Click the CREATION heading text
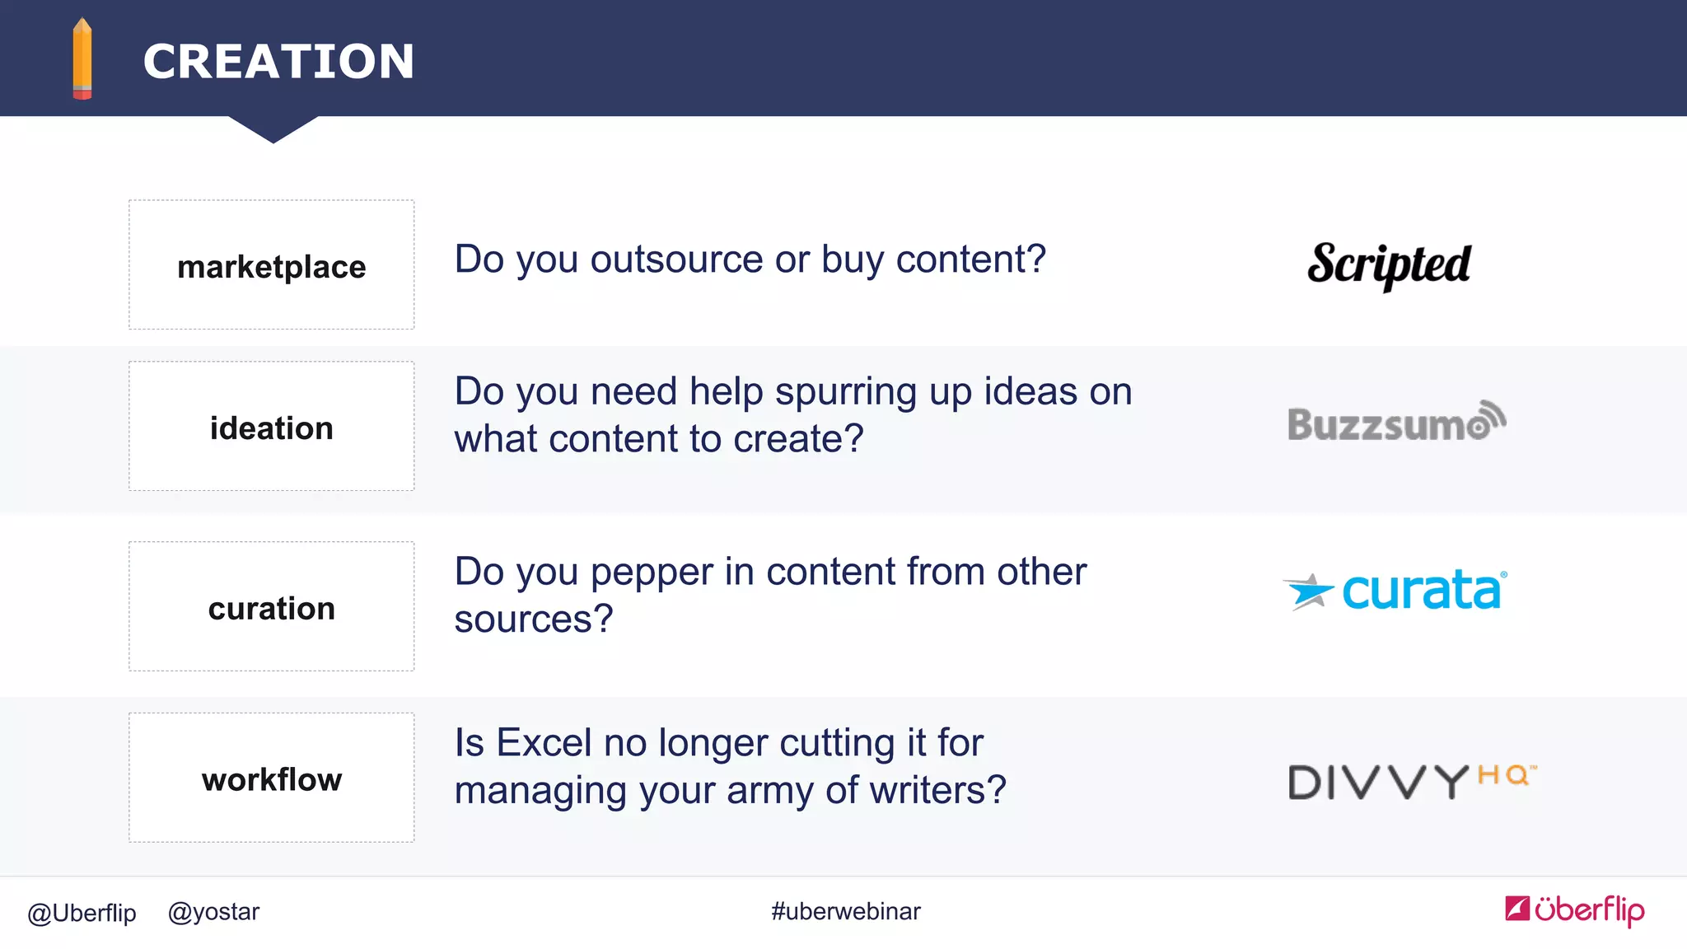coord(278,62)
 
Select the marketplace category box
coord(271,264)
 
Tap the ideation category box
coord(271,426)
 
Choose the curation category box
coord(271,606)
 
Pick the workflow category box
coord(271,778)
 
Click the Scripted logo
coord(1389,264)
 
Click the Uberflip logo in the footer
coord(1574,909)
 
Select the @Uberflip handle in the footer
coord(82,913)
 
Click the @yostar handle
coord(213,912)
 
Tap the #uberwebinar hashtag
coord(845,911)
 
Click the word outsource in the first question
coord(676,259)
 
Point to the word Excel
coord(544,743)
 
